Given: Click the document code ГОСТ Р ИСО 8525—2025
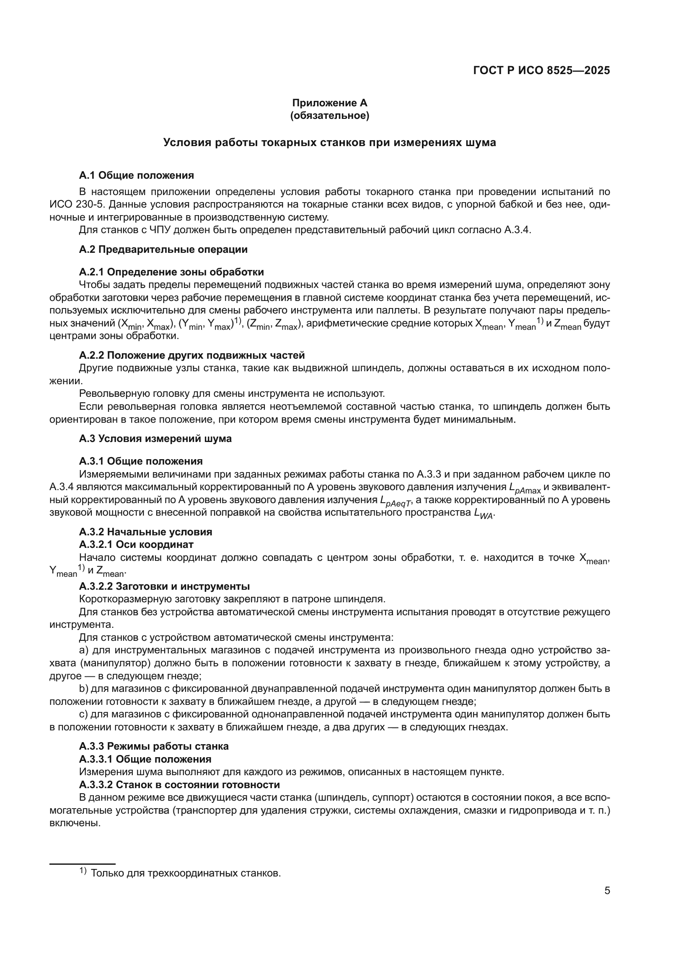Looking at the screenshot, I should tap(541, 70).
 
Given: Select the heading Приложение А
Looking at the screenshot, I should tap(329, 103).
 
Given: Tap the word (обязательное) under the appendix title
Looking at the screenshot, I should tap(329, 116).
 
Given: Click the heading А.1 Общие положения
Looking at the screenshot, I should tap(136, 175).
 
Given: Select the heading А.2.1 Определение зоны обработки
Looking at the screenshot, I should tap(171, 272).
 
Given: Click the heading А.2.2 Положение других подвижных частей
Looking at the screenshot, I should tap(191, 355).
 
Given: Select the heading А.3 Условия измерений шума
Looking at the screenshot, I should tap(155, 439).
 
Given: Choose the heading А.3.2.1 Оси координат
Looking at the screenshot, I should tap(136, 545).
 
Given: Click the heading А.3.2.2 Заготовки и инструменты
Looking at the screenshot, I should tap(164, 586).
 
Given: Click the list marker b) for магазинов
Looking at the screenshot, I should tap(83, 689).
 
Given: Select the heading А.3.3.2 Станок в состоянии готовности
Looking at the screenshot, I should tap(179, 784).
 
